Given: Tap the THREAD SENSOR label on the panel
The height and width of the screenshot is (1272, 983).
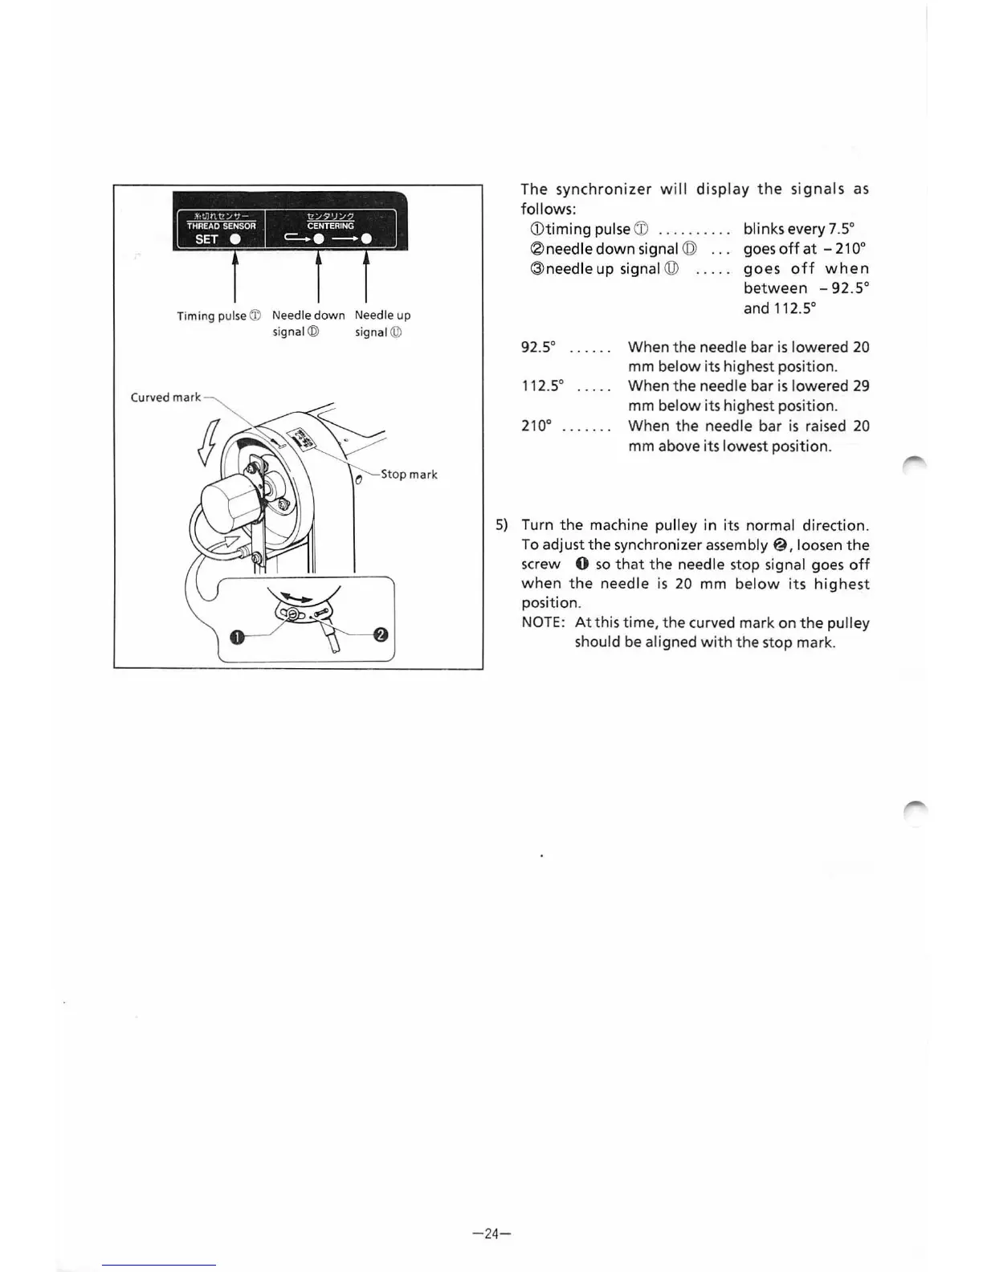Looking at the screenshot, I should pyautogui.click(x=221, y=226).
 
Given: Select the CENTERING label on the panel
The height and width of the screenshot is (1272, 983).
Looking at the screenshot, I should pyautogui.click(x=330, y=226).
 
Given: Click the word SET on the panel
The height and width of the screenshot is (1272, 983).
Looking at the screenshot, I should pyautogui.click(x=206, y=239).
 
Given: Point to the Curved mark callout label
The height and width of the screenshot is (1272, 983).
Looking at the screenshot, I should pyautogui.click(x=165, y=397).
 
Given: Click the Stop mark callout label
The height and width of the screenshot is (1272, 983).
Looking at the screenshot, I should pyautogui.click(x=409, y=474).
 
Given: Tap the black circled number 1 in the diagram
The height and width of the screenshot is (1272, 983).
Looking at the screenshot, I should pyautogui.click(x=236, y=638).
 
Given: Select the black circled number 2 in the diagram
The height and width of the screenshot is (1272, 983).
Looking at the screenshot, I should pyautogui.click(x=381, y=634).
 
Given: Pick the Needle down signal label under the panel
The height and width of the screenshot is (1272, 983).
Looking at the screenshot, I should pyautogui.click(x=308, y=323).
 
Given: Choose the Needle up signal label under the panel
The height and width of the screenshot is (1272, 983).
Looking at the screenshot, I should pyautogui.click(x=382, y=323).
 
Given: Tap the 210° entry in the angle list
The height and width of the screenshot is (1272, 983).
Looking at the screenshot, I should pyautogui.click(x=536, y=426).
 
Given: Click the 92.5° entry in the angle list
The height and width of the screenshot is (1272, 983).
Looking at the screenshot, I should pyautogui.click(x=538, y=347).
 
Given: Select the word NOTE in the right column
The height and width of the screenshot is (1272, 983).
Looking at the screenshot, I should pyautogui.click(x=543, y=623).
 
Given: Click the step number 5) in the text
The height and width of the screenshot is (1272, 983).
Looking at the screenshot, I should pyautogui.click(x=502, y=525).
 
